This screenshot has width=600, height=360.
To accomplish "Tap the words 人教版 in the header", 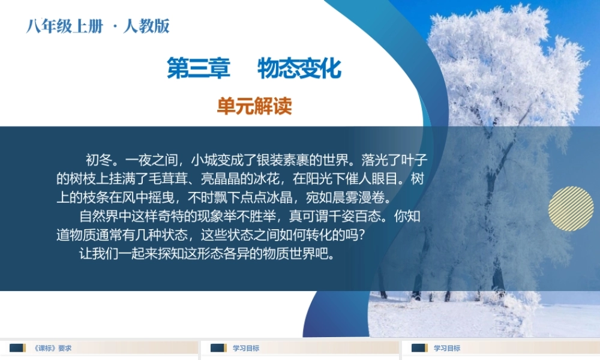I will (x=146, y=26).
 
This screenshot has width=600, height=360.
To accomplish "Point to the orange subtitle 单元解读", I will (x=254, y=107).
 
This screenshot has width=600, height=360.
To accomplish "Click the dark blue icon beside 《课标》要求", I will (x=17, y=348).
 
